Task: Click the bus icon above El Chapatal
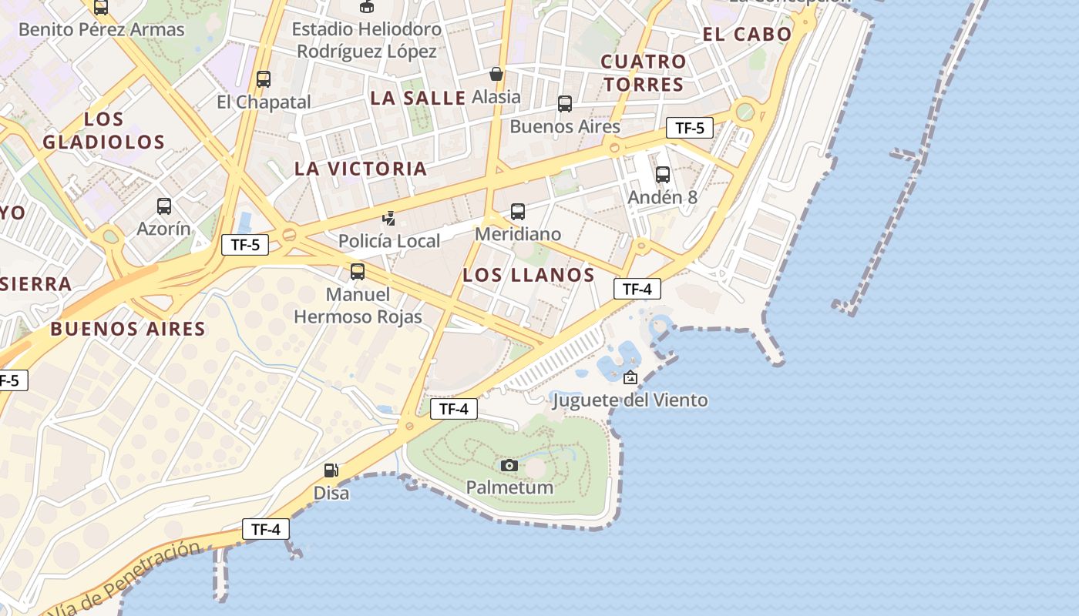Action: pos(264,79)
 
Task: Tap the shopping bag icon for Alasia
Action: pos(496,74)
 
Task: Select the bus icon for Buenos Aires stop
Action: pos(565,104)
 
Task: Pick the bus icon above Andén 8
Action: pos(663,175)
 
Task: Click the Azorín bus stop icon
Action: pos(164,206)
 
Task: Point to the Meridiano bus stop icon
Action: pos(518,212)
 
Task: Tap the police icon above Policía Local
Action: pos(389,219)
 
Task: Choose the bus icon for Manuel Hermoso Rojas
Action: pos(358,272)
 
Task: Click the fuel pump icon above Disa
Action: pos(331,470)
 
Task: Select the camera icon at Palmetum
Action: pos(509,465)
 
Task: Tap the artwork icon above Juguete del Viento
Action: pos(630,377)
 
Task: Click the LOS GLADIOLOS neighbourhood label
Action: pos(104,131)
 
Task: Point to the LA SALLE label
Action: pos(418,98)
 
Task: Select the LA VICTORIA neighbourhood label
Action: pos(361,169)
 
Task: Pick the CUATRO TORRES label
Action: pos(644,72)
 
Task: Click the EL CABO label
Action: pos(747,34)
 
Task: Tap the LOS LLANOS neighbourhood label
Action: pos(529,275)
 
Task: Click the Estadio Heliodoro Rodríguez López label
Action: pos(367,40)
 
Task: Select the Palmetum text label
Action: pos(509,487)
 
